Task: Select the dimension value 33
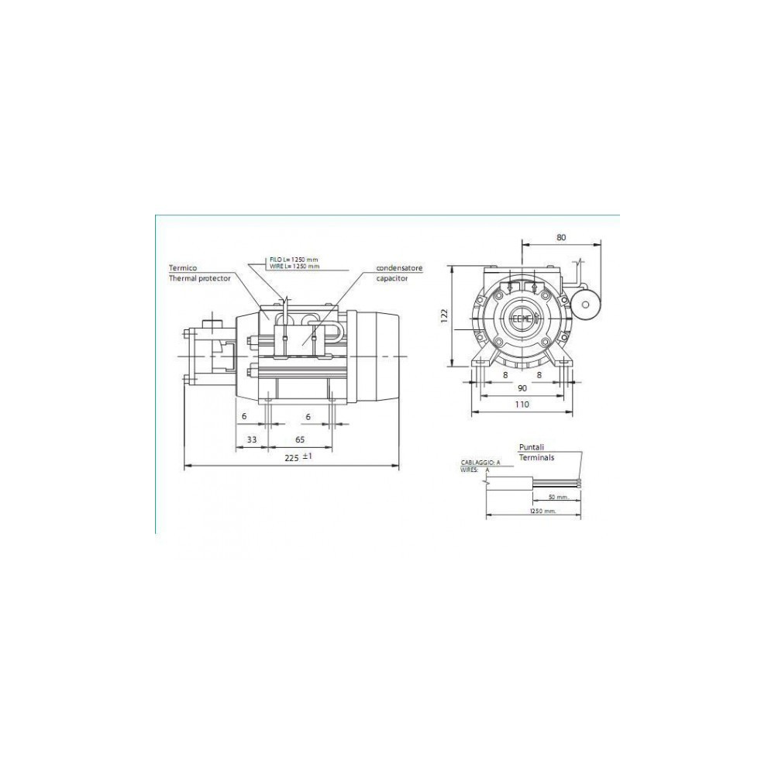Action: pos(251,439)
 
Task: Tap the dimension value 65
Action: pos(299,439)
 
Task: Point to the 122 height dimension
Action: pos(444,316)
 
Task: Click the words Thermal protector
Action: pos(199,279)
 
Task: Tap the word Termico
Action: pos(184,268)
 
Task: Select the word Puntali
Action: pos(532,447)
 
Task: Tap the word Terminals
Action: pos(537,458)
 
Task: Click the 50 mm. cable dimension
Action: pos(558,496)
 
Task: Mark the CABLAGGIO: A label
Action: pos(480,462)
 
